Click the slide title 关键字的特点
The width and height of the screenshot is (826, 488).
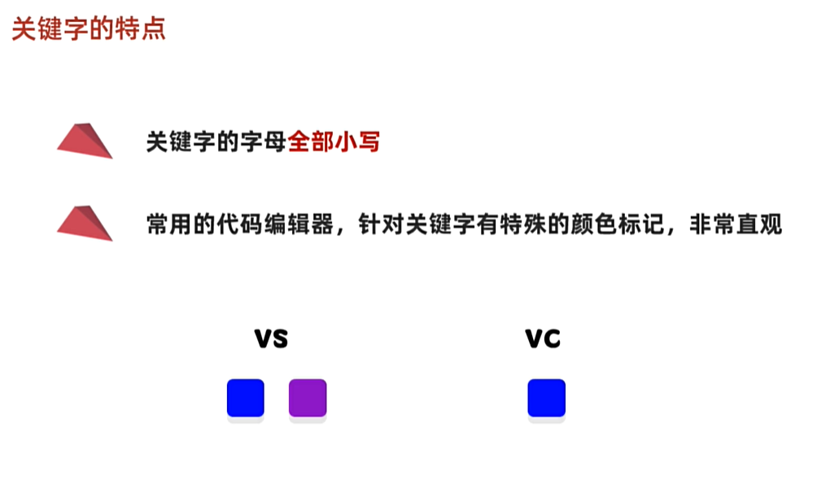pyautogui.click(x=89, y=29)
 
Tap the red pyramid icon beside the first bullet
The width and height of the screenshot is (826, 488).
pyautogui.click(x=85, y=141)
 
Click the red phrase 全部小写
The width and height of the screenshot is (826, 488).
pyautogui.click(x=334, y=142)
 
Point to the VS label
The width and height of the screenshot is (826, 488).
pyautogui.click(x=272, y=338)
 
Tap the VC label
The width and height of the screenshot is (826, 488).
pyautogui.click(x=543, y=338)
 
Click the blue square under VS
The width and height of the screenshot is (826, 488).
pyautogui.click(x=246, y=399)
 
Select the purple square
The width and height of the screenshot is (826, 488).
pyautogui.click(x=308, y=399)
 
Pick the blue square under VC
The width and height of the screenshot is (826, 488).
pyautogui.click(x=546, y=399)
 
